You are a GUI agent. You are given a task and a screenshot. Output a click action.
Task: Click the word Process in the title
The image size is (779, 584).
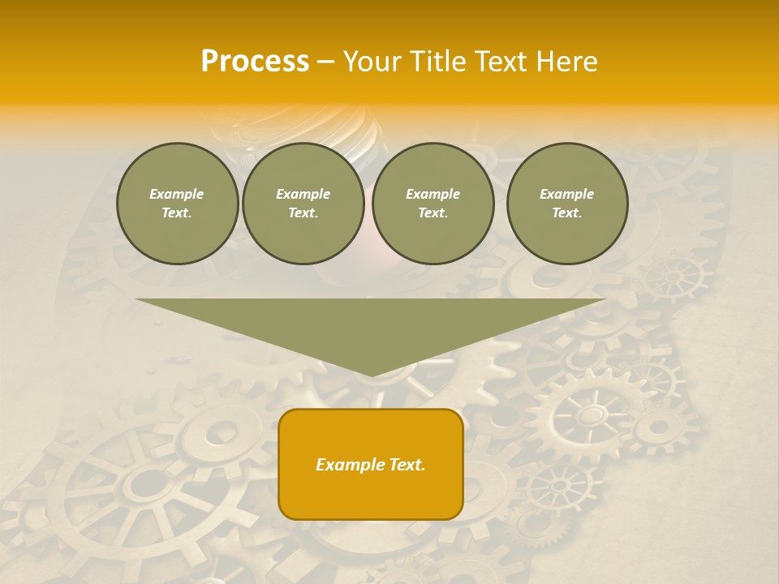click(255, 61)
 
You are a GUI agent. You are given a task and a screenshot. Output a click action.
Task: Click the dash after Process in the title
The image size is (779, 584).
click(325, 62)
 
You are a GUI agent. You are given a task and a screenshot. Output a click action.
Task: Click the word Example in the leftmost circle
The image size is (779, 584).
click(177, 194)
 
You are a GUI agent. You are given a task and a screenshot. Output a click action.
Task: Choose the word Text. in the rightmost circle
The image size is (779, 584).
click(566, 213)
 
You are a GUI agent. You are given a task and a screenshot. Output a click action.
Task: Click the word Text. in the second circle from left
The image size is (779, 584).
click(303, 213)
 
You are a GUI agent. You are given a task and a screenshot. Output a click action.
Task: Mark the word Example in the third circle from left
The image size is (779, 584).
click(433, 194)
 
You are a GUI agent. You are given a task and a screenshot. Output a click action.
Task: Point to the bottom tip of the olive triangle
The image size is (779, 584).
click(371, 375)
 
